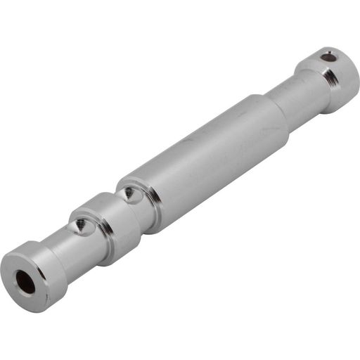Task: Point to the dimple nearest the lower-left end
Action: pos(82,225)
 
